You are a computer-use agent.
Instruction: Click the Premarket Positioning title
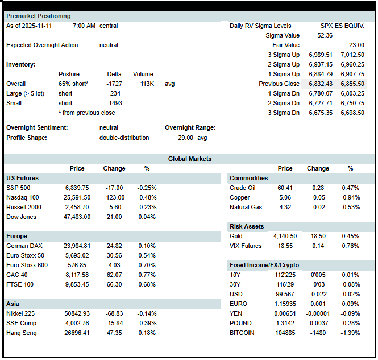click(39, 16)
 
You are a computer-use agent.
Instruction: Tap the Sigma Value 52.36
click(325, 35)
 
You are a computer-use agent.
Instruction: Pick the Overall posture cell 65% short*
click(73, 84)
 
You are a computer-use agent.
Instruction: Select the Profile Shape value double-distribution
click(124, 138)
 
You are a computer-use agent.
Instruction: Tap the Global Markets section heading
click(189, 159)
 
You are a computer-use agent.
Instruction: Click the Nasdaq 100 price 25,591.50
click(76, 197)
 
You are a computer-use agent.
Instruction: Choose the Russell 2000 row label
click(24, 207)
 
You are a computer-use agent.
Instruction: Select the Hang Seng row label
click(22, 333)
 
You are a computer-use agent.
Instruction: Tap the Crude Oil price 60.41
click(284, 188)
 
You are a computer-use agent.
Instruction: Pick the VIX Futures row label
click(246, 246)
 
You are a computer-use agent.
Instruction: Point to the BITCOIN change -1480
click(318, 333)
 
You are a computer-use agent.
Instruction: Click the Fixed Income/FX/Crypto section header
click(264, 265)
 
